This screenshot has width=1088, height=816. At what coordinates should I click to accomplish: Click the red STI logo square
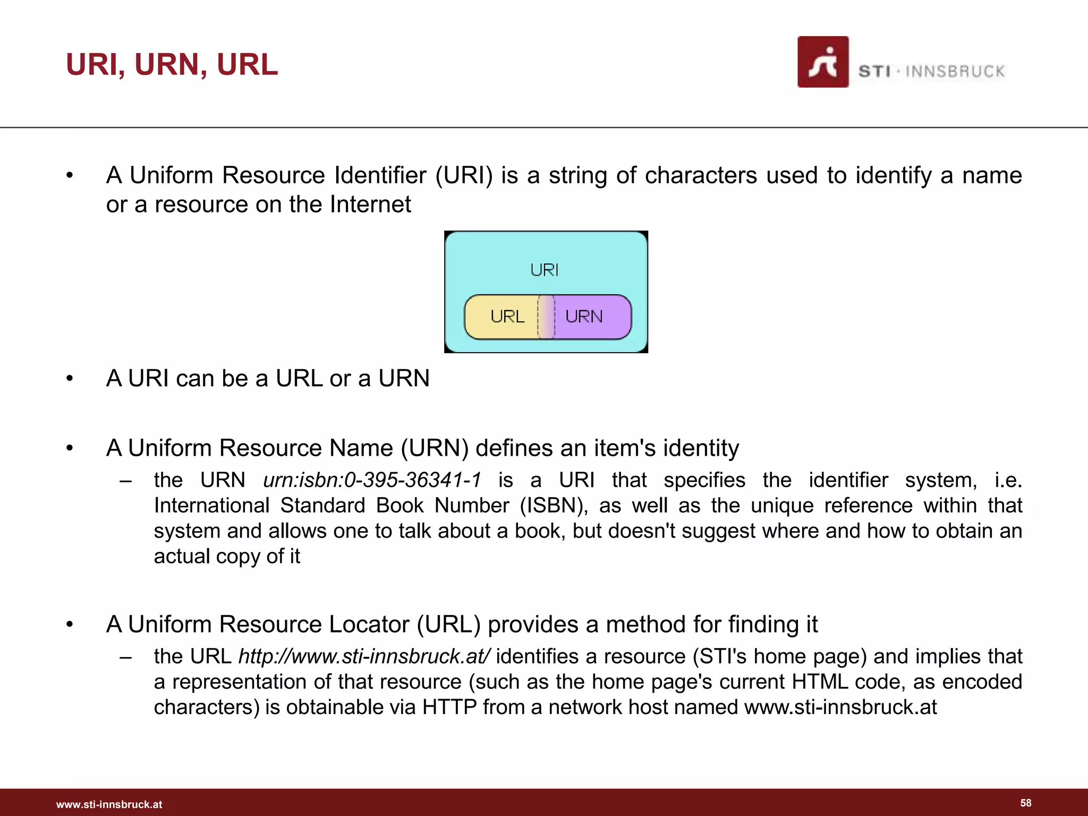click(x=822, y=62)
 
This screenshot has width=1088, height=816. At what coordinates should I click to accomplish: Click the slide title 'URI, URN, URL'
click(x=172, y=65)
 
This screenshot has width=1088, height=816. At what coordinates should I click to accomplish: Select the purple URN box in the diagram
click(x=590, y=317)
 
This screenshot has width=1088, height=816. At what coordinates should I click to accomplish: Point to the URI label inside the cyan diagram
click(x=545, y=270)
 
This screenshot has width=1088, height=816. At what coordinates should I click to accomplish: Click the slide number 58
click(x=1025, y=803)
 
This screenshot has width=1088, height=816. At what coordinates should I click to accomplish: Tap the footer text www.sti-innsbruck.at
click(x=109, y=804)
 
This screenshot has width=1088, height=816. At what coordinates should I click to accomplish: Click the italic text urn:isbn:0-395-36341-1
click(x=372, y=480)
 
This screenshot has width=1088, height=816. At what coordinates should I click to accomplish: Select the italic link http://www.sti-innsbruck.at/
click(x=364, y=657)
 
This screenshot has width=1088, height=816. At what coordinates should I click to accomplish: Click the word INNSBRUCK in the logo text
click(x=955, y=72)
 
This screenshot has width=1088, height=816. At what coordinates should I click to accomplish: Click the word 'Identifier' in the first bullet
click(x=380, y=175)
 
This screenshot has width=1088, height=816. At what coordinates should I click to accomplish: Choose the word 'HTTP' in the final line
click(x=449, y=708)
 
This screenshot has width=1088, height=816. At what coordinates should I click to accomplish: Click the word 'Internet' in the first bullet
click(x=370, y=205)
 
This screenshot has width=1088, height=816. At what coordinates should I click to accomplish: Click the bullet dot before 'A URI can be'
click(x=69, y=379)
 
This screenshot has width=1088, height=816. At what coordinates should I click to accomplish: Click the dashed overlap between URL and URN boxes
click(x=546, y=317)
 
